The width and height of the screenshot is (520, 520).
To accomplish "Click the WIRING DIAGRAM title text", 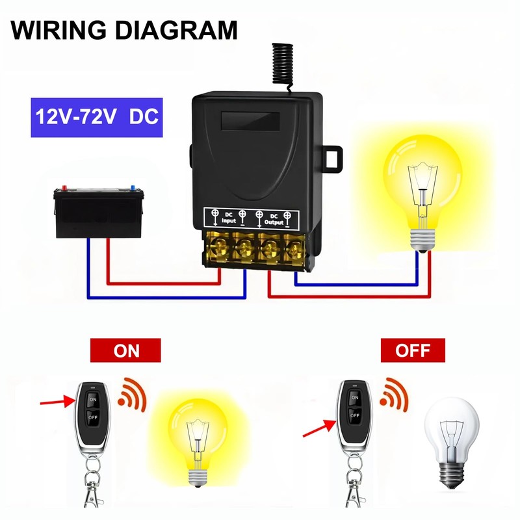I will [124, 30].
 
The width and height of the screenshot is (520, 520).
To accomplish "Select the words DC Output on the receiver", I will [274, 218].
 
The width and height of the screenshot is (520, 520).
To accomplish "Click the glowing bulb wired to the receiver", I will [421, 182].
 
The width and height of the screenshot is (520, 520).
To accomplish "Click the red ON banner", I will [126, 351].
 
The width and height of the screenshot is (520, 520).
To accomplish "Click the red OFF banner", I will [413, 351].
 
